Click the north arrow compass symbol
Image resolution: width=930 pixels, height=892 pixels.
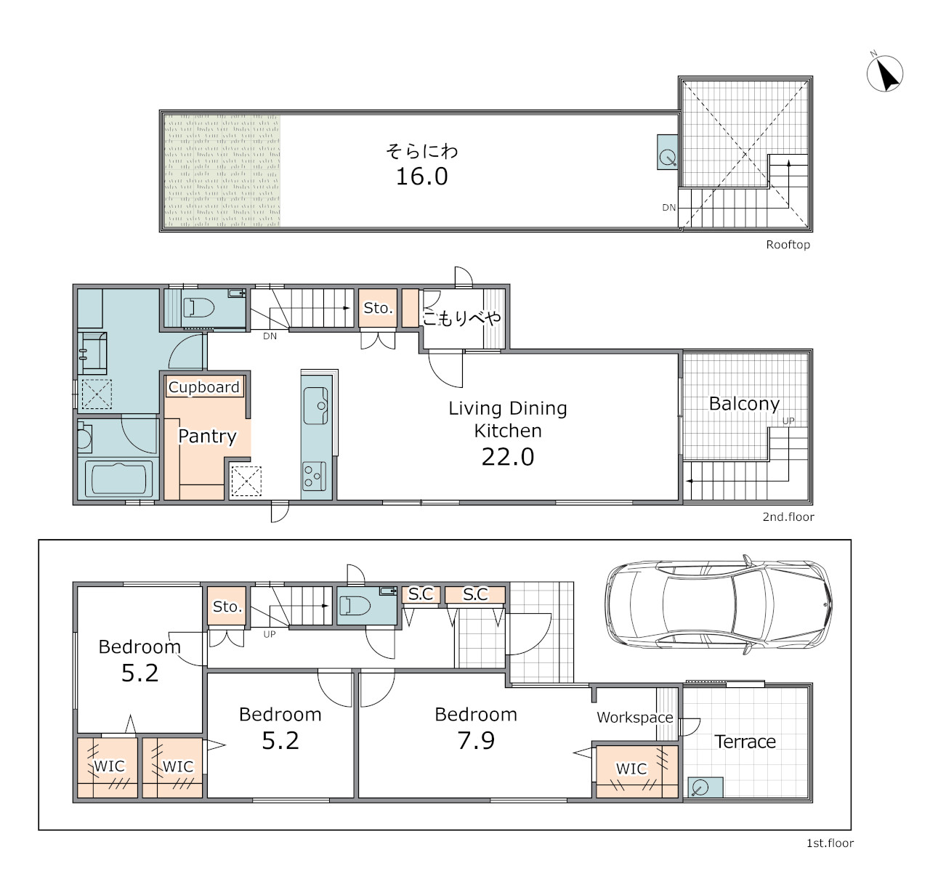(x=885, y=73)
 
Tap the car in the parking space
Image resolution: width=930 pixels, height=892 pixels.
(x=719, y=605)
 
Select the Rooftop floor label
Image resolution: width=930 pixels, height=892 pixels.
(x=788, y=245)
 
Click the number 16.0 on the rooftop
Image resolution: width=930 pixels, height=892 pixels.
(x=421, y=177)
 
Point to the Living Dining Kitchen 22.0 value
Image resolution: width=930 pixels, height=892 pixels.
(x=508, y=457)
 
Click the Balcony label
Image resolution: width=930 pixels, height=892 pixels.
(x=744, y=404)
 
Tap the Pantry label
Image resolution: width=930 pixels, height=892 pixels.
(x=207, y=437)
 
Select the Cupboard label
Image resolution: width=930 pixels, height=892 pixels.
(x=203, y=387)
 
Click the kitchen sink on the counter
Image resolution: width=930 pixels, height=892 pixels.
(x=316, y=405)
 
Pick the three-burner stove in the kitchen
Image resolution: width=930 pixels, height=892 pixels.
(x=315, y=476)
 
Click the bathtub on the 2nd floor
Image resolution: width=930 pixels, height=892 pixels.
(x=118, y=478)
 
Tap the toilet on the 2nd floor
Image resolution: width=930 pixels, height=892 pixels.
(x=199, y=308)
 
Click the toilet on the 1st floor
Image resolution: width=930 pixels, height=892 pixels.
(x=355, y=606)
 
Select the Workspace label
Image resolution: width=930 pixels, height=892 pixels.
(x=635, y=717)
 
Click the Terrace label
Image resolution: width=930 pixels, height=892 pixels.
(x=745, y=741)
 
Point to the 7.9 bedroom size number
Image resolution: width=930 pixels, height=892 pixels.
(x=476, y=740)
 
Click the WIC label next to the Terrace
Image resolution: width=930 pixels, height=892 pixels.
(x=631, y=769)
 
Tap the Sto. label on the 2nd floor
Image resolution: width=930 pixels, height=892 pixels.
(x=378, y=308)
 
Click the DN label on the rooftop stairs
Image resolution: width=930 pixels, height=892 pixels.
(x=668, y=207)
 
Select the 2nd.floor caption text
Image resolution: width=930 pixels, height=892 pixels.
(x=788, y=516)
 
